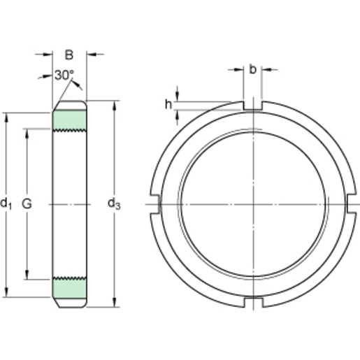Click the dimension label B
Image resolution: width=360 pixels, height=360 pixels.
click(x=69, y=54)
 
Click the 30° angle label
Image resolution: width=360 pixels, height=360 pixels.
click(x=64, y=75)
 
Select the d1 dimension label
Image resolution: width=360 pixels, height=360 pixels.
click(x=7, y=203)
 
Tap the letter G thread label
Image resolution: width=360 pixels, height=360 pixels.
click(x=27, y=203)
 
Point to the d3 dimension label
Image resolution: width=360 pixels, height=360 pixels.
click(x=114, y=203)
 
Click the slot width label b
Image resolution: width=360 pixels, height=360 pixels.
click(x=252, y=69)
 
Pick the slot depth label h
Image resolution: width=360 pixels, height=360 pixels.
click(x=168, y=104)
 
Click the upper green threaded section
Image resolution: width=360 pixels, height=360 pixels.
click(x=71, y=120)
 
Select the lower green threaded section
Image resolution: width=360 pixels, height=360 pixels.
click(x=71, y=287)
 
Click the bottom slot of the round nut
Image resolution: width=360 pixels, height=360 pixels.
click(x=252, y=303)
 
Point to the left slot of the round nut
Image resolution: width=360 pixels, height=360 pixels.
click(x=155, y=203)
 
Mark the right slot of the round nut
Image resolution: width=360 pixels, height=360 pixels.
click(x=351, y=203)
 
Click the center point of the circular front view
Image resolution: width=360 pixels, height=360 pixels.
click(x=252, y=203)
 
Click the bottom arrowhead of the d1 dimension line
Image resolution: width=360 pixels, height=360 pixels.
click(x=7, y=294)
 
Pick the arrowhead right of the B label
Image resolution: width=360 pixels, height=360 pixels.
click(x=92, y=54)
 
